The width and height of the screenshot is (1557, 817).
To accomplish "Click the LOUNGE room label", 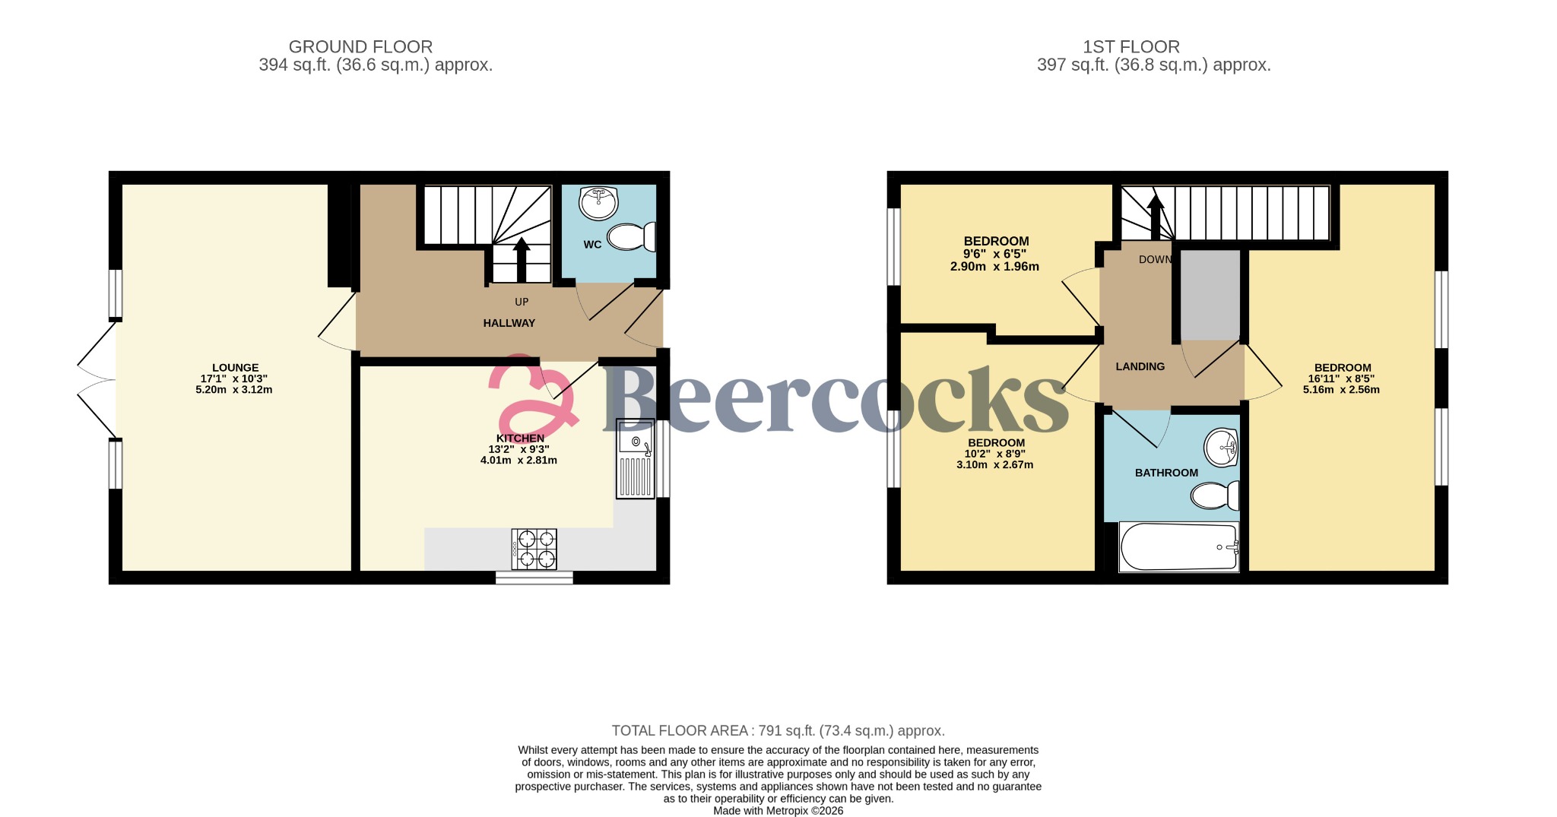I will coord(235,368).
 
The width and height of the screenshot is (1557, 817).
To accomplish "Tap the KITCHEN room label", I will coord(520,439).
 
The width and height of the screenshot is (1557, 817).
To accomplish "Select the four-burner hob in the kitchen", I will coord(534,549).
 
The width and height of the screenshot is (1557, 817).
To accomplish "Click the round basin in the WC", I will coord(598,202).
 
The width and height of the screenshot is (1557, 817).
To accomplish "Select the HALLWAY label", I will coord(509,323).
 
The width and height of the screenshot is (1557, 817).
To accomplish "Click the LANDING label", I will coord(1140,366).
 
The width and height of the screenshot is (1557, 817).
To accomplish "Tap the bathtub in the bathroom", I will coord(1178,546).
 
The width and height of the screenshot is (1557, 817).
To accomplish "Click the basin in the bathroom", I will coord(1221,447).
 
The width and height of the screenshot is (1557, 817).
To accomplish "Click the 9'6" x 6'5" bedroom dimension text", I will coord(994,254).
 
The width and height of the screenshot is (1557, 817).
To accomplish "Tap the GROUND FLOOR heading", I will coord(360,47).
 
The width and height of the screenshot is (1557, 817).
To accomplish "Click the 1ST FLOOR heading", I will coord(1130,47).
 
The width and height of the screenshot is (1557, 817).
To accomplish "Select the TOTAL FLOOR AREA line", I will coord(778,730).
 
